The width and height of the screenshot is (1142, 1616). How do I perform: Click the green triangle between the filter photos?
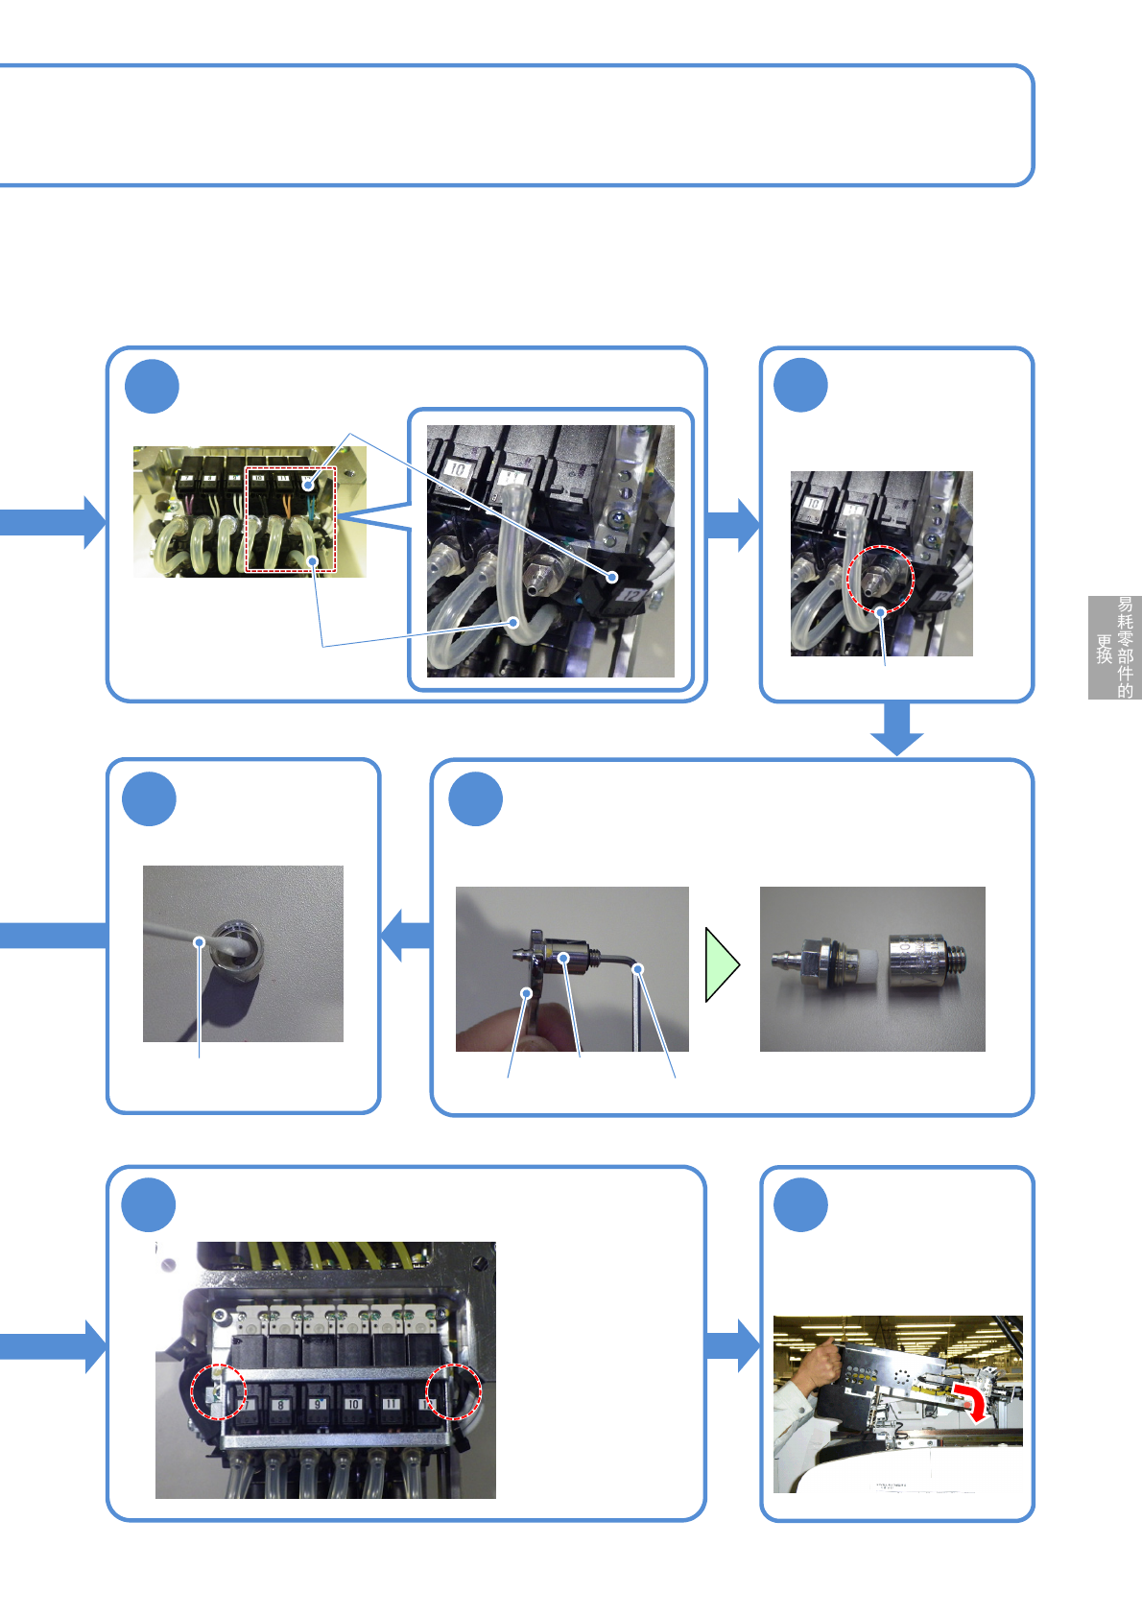[x=721, y=964]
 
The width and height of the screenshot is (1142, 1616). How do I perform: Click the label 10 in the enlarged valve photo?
[x=458, y=469]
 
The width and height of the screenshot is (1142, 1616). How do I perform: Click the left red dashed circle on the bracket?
[x=219, y=1391]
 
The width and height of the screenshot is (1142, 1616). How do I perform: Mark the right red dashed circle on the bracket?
[x=453, y=1391]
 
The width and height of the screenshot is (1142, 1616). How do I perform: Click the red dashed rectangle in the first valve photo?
[x=291, y=519]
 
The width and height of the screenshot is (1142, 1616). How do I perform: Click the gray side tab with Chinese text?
[x=1114, y=648]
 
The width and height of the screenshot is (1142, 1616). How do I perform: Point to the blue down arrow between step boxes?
[x=896, y=728]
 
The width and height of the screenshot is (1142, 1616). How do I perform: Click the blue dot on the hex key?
[x=637, y=969]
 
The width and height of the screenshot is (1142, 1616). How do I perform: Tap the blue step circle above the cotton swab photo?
[x=150, y=799]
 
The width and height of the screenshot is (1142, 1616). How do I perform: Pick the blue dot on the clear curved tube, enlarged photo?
[x=514, y=622]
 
